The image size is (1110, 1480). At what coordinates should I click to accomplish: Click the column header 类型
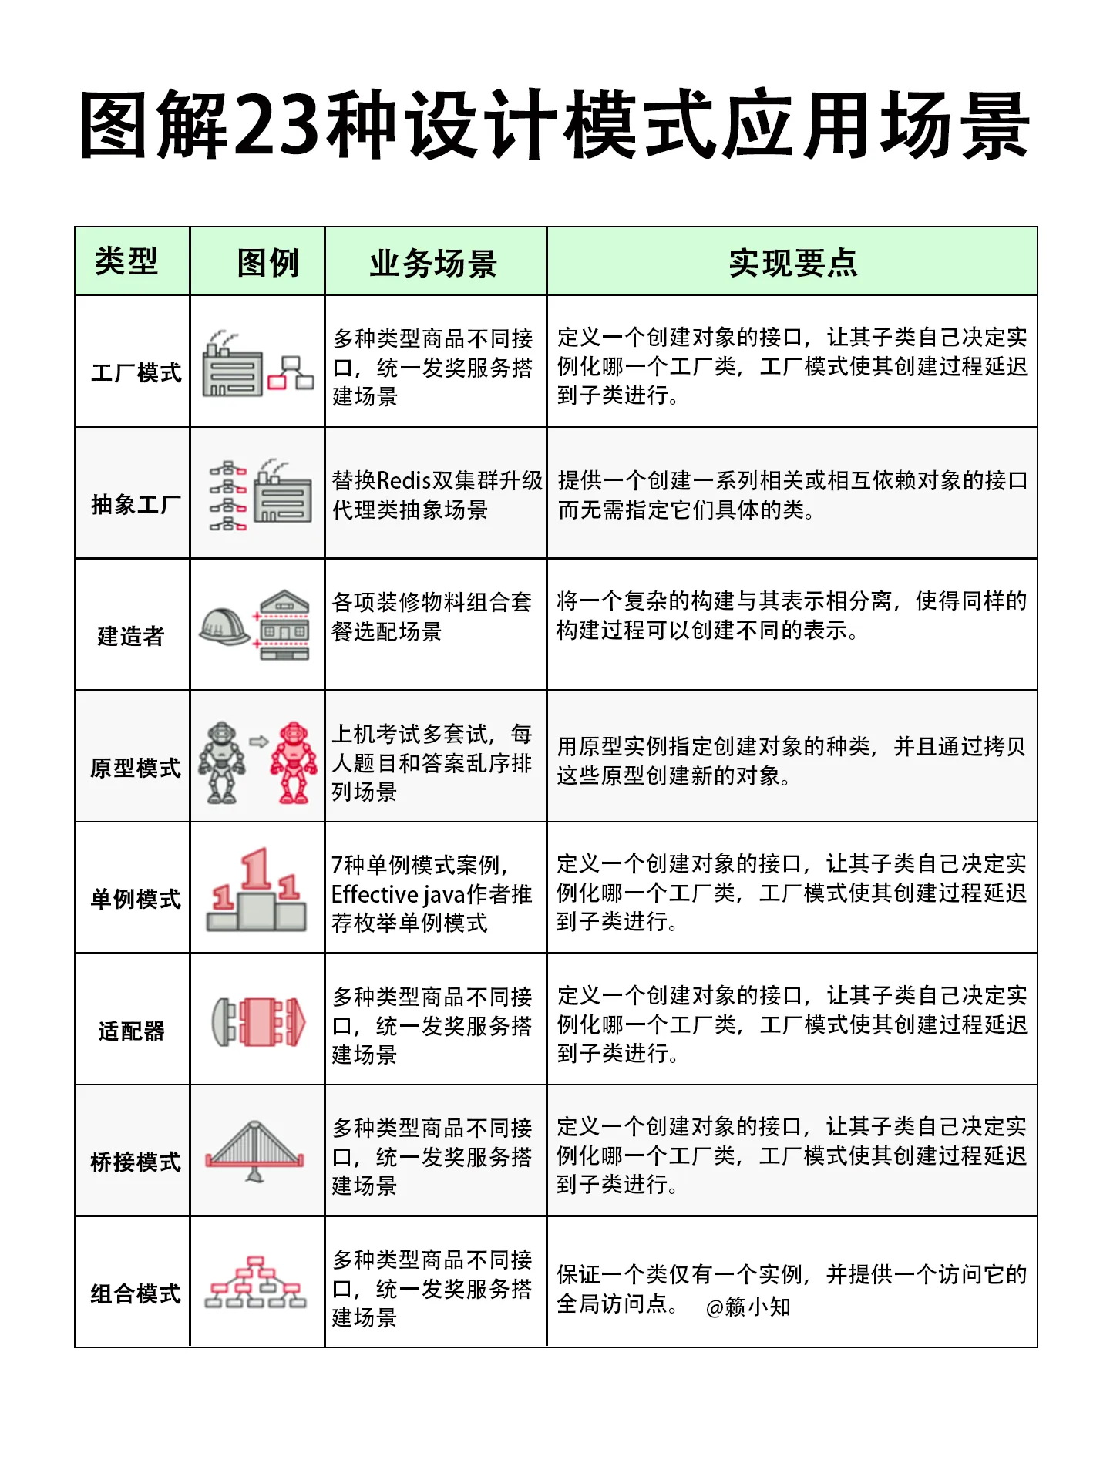click(x=126, y=262)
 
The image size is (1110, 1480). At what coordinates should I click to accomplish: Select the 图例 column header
click(x=267, y=263)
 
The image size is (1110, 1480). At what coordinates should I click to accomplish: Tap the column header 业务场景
click(x=433, y=264)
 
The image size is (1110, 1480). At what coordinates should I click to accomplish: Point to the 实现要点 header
click(x=792, y=263)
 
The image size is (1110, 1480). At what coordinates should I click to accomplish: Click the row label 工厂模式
click(x=136, y=373)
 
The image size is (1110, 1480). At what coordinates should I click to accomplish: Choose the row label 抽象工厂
click(x=136, y=505)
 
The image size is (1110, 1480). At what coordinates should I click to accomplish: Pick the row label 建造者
click(x=131, y=637)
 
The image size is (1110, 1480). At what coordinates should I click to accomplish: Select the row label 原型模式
click(x=136, y=768)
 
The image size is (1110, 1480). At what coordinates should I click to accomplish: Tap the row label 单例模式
click(x=136, y=899)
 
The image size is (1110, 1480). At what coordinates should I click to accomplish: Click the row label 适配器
click(x=131, y=1031)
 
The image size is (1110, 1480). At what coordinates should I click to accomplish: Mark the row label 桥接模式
click(x=136, y=1162)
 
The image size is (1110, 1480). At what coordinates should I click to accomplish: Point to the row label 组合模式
click(x=136, y=1293)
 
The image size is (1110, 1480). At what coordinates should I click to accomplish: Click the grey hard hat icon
click(x=224, y=626)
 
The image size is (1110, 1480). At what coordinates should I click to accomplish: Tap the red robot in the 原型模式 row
click(x=293, y=762)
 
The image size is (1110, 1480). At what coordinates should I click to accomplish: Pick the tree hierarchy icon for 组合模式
click(x=255, y=1282)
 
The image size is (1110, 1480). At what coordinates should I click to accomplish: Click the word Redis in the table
click(x=404, y=481)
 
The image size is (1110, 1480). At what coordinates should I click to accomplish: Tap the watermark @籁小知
click(x=748, y=1307)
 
